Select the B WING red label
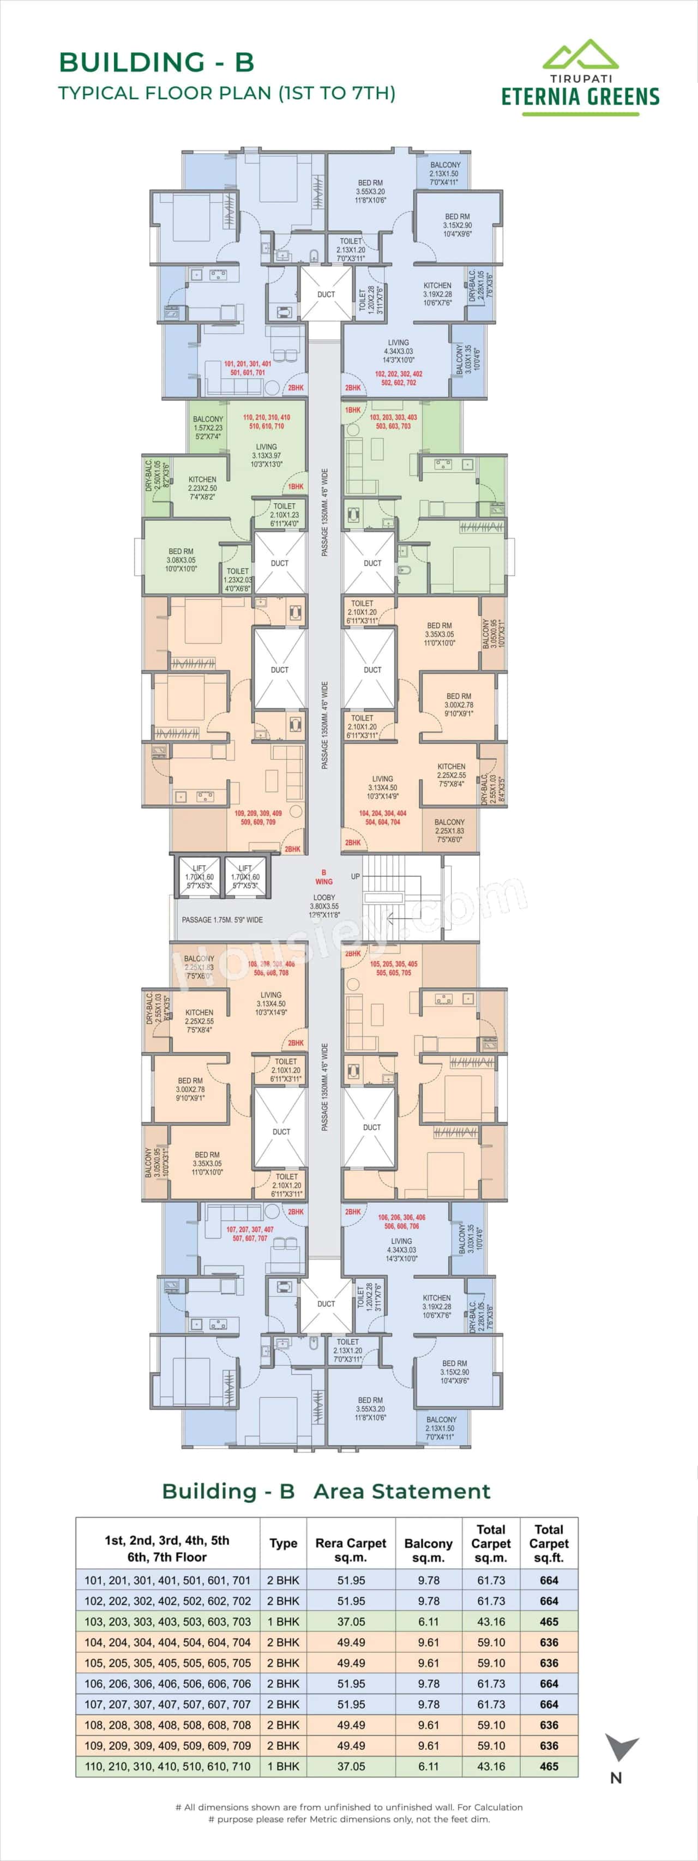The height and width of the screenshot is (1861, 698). click(x=324, y=877)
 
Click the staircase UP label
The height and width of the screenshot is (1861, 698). click(x=355, y=876)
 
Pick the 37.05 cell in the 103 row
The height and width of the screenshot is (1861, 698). click(x=351, y=1621)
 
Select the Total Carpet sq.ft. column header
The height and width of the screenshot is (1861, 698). click(x=549, y=1543)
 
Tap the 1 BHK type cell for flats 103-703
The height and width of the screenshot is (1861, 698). click(x=282, y=1621)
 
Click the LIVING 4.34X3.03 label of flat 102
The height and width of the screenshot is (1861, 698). click(x=398, y=351)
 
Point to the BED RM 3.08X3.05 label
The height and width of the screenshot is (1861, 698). click(x=180, y=560)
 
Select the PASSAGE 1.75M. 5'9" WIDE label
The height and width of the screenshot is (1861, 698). click(x=222, y=920)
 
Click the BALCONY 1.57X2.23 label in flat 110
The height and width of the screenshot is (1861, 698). click(x=208, y=427)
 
